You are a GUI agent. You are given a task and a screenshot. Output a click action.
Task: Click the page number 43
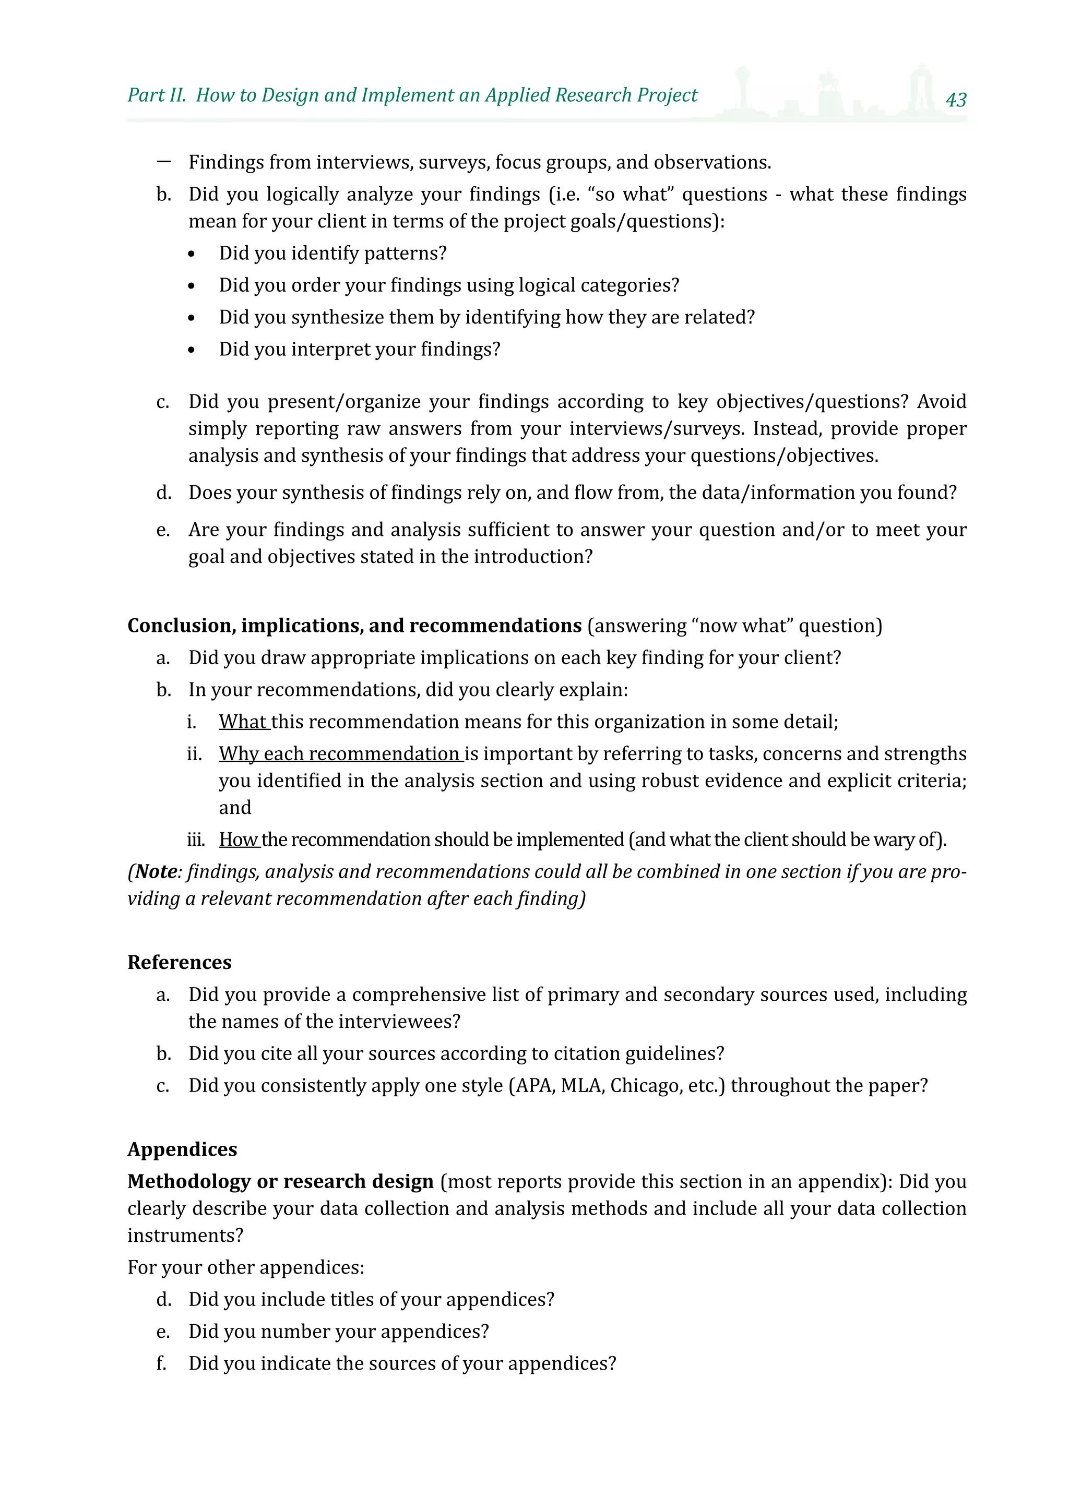[955, 99]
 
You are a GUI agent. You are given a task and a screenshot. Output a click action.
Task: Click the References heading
[179, 962]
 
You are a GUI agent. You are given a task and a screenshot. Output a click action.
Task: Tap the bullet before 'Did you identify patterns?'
[192, 255]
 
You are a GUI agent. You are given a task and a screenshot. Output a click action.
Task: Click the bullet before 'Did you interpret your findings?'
[192, 351]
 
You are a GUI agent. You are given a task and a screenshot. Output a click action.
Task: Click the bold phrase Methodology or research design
[280, 1181]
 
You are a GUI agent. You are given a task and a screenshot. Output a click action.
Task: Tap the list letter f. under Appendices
[161, 1363]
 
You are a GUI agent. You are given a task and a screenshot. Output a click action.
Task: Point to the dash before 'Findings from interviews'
[164, 161]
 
